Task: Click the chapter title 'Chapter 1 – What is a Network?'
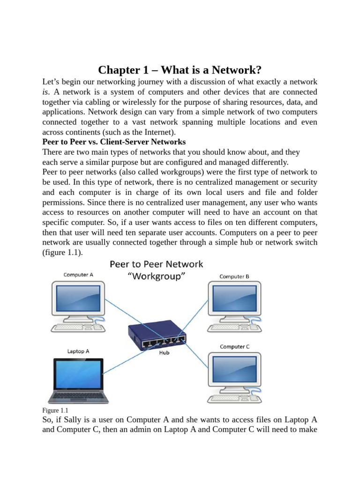tap(180, 70)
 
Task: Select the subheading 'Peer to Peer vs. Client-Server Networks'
tap(114, 142)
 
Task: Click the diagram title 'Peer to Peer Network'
tap(157, 264)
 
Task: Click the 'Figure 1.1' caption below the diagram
tap(55, 411)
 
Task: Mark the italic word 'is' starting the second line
tap(45, 92)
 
